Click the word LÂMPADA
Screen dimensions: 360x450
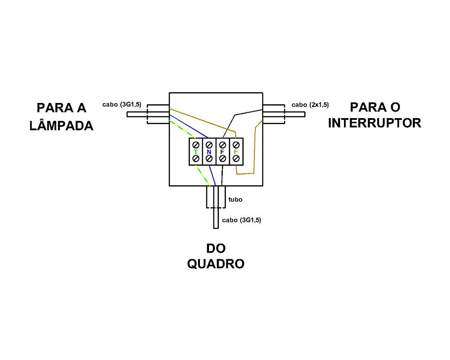[x=61, y=125]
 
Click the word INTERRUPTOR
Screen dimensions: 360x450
[x=374, y=123]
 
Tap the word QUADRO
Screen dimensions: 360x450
[x=215, y=264]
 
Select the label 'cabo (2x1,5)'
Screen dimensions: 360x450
[x=310, y=105]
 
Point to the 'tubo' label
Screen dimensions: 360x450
[x=235, y=199]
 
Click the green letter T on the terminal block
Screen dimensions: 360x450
[x=196, y=152]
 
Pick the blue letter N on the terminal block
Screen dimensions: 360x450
[x=209, y=152]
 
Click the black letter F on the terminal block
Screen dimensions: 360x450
[x=222, y=152]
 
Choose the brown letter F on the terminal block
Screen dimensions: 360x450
[x=235, y=152]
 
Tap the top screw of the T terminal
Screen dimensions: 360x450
[x=196, y=145]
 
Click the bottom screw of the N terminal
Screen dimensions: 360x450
[x=209, y=159]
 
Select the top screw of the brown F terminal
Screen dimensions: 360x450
[x=236, y=145]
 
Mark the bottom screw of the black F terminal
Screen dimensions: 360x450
[x=222, y=159]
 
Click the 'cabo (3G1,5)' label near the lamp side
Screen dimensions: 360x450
[x=122, y=105]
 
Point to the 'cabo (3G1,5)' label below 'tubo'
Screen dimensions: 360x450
[x=241, y=220]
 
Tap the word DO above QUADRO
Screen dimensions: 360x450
[x=215, y=248]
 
